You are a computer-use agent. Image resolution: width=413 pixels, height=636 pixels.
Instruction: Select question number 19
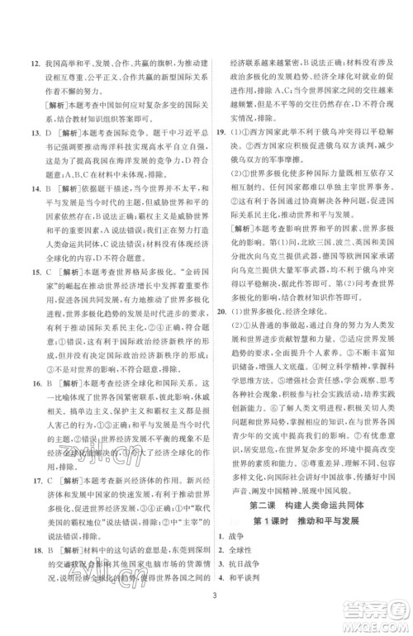click(219, 131)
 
